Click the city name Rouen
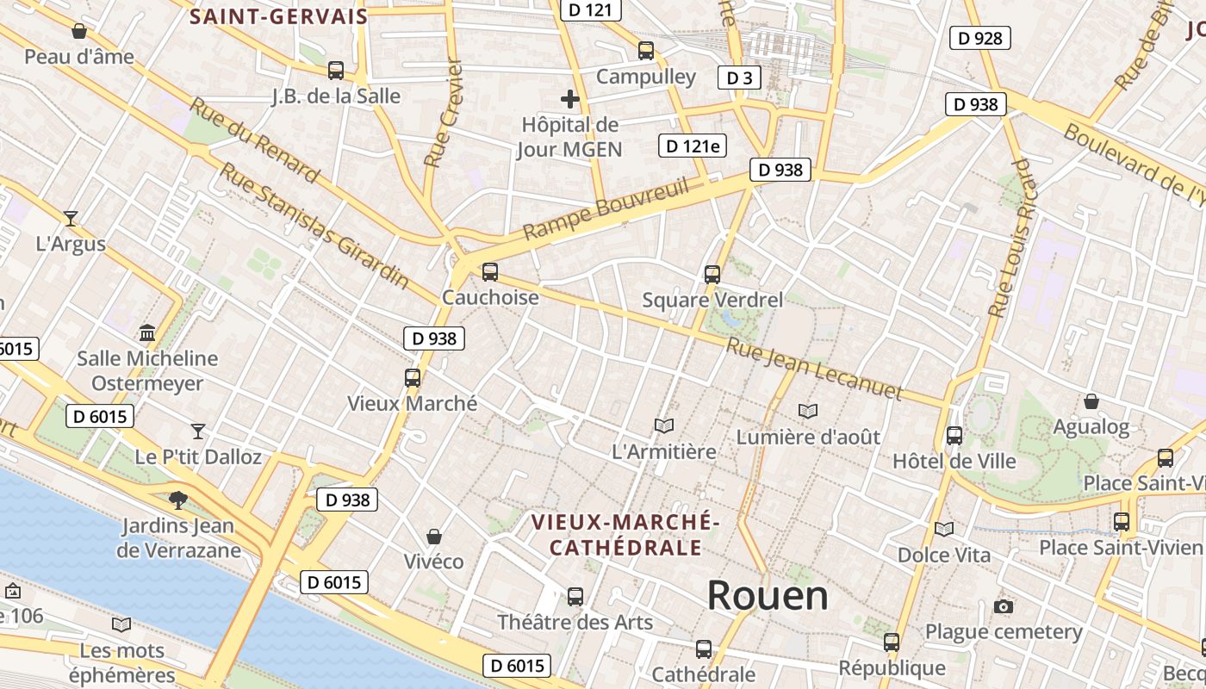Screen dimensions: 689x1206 [768, 595]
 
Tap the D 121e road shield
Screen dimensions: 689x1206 [693, 146]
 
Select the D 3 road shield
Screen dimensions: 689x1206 [739, 78]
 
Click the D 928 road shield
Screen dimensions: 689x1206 [979, 38]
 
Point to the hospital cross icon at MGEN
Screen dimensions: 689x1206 [569, 99]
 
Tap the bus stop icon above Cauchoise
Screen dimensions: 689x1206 [489, 272]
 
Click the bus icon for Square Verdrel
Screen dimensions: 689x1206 [712, 275]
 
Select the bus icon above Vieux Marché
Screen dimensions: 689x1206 [412, 377]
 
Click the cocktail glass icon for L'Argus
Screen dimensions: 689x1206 [71, 219]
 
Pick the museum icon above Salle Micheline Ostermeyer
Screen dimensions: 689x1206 [147, 332]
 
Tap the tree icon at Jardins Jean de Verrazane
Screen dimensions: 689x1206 [178, 499]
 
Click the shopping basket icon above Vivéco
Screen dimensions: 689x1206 [434, 537]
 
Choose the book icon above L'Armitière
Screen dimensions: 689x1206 [663, 425]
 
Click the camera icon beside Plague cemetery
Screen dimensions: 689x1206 [1003, 607]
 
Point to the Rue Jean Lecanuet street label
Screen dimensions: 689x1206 [814, 369]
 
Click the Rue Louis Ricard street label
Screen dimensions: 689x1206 [1010, 238]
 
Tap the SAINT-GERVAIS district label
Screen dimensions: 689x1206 [278, 16]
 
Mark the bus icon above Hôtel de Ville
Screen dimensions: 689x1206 [954, 436]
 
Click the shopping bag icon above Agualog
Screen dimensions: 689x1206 [1091, 401]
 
